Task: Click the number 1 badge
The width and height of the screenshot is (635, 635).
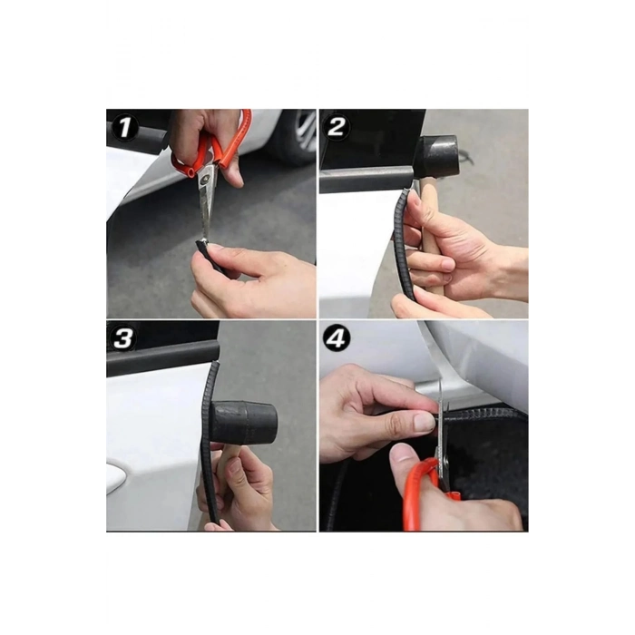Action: point(124,128)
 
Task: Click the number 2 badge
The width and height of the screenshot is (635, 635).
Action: point(337,127)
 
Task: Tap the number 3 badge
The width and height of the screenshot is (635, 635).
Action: point(123,338)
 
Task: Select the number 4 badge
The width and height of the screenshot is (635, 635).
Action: point(337,338)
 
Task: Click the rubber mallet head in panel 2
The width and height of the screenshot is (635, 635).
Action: point(439,158)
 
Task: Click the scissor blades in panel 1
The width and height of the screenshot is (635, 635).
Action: point(206,210)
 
